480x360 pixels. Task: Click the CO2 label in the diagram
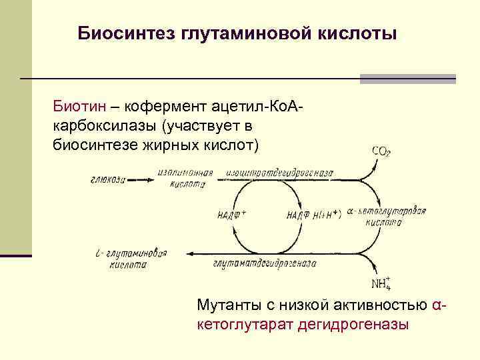pos(381,151)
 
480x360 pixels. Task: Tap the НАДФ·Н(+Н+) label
pos(313,215)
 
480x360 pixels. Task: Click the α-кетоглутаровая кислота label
pos(387,217)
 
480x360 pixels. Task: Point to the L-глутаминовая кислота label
pos(130,258)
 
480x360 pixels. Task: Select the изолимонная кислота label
pos(186,177)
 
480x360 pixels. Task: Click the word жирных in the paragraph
pos(167,143)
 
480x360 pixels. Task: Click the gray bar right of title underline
pos(407,79)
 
